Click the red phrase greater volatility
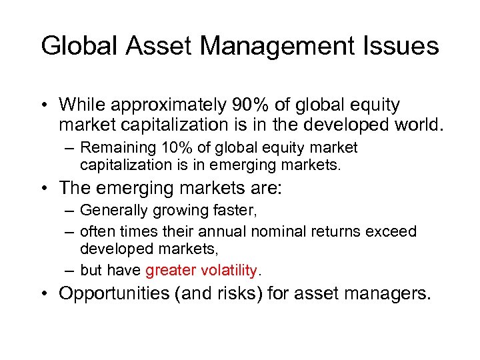(201, 270)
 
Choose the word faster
(234, 211)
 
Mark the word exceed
(393, 231)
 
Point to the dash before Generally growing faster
(69, 211)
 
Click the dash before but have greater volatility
(69, 270)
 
